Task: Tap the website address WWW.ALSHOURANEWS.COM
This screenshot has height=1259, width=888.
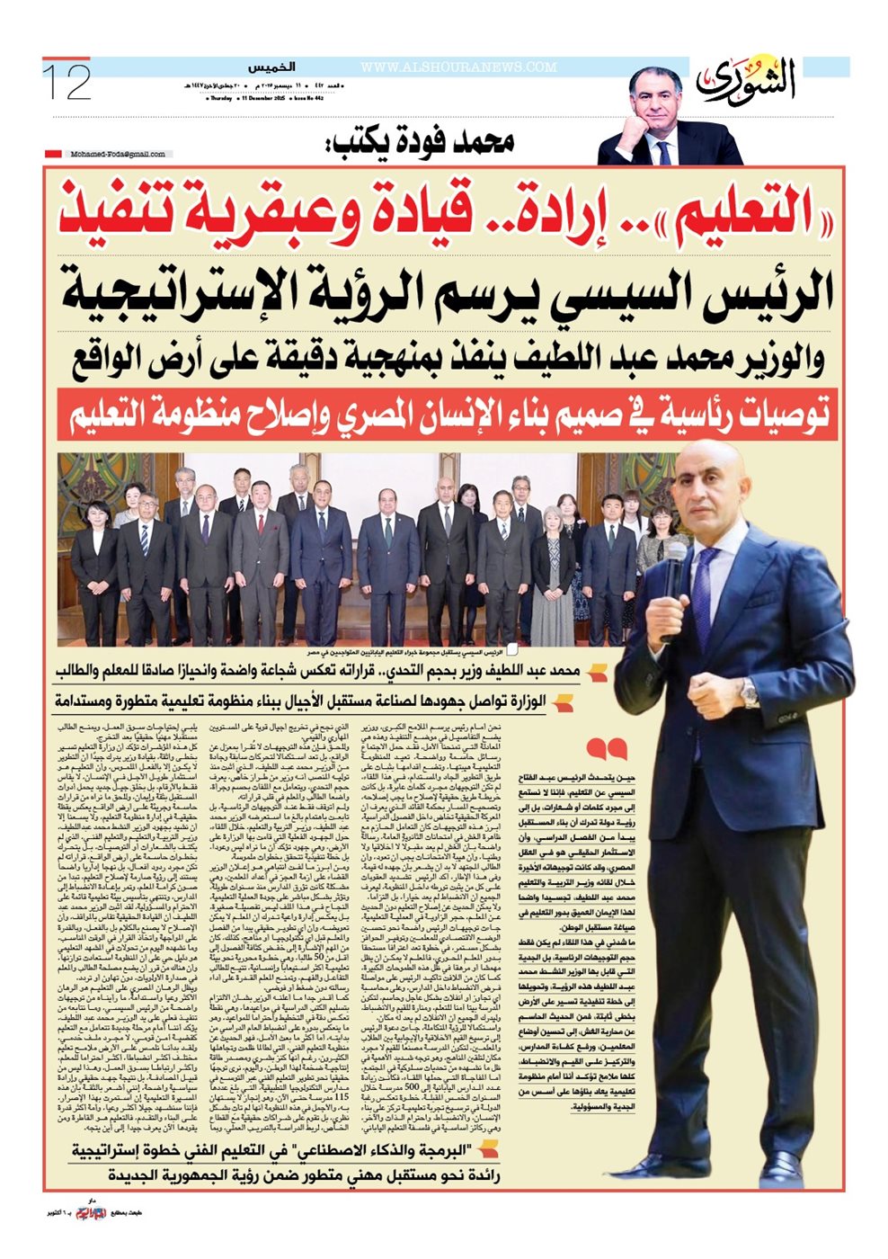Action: pos(458,67)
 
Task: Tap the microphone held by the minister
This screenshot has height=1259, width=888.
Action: pos(674,576)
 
